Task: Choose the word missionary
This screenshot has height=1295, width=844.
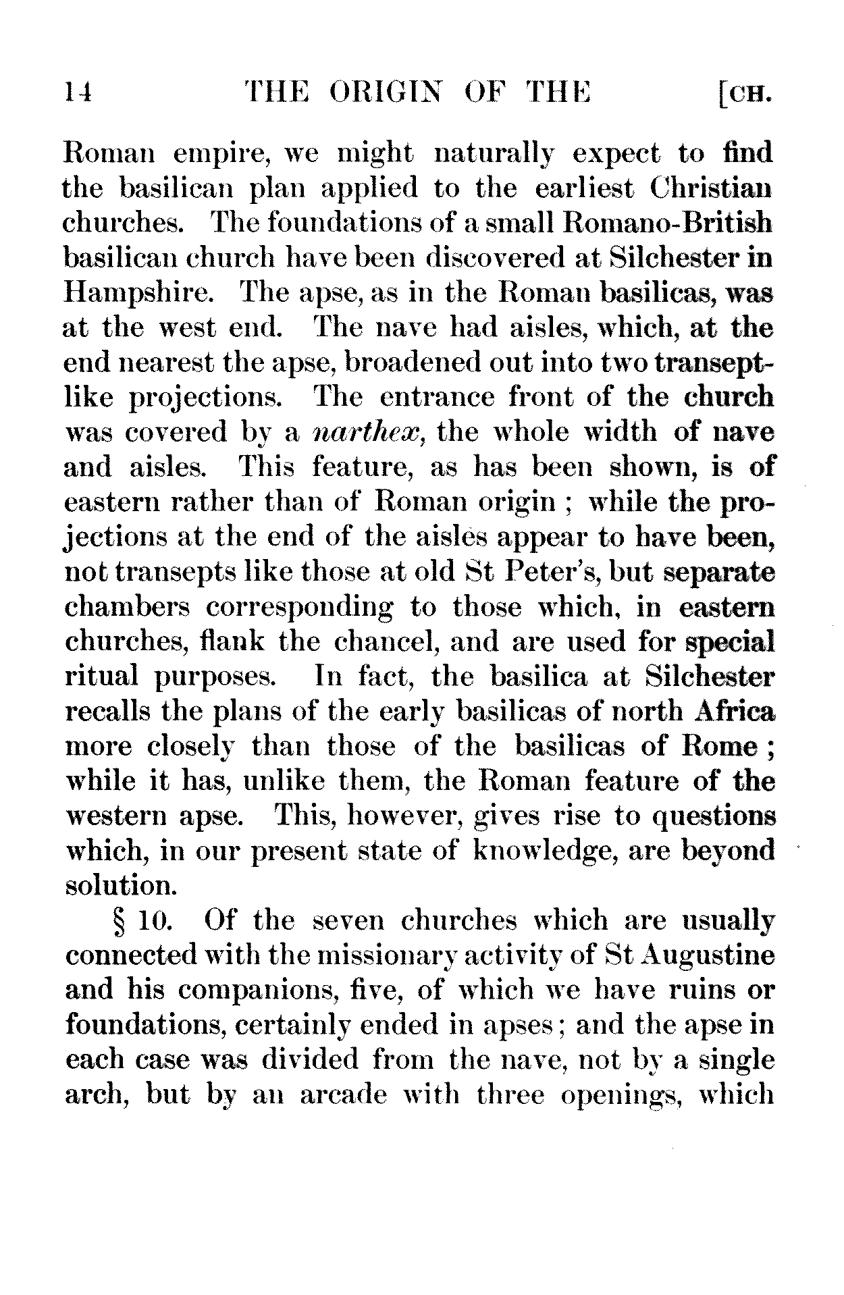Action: (376, 956)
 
